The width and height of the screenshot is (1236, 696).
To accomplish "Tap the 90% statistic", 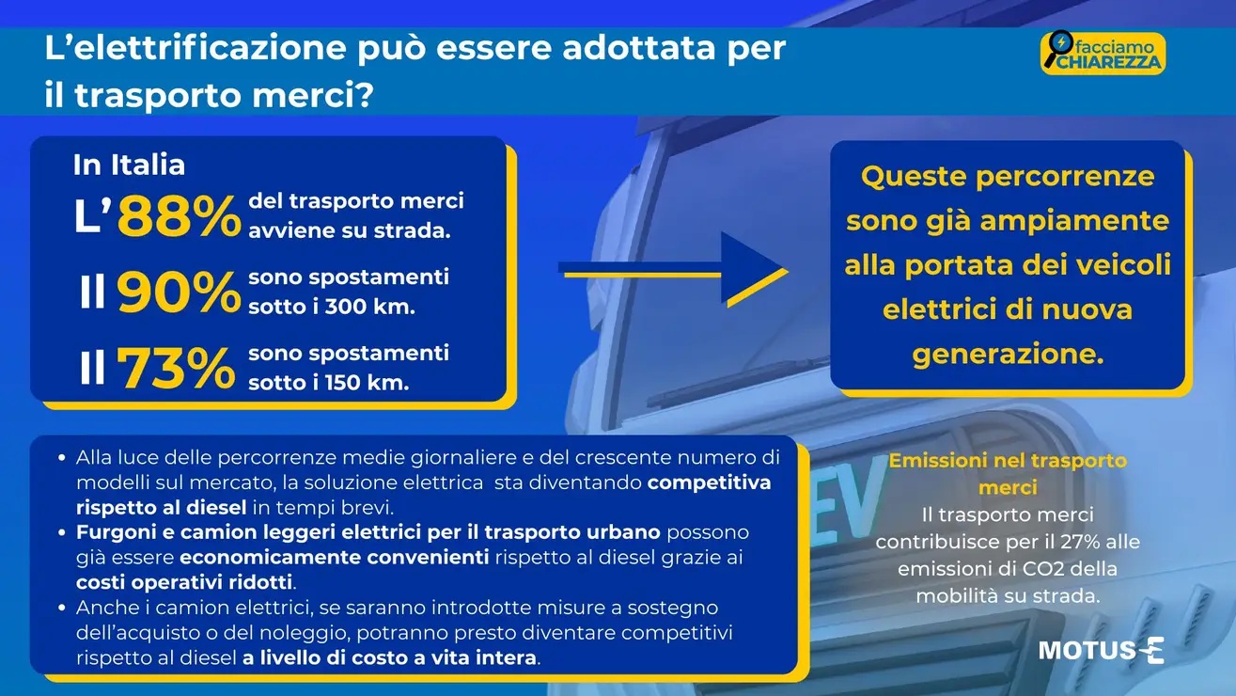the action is coord(179,293).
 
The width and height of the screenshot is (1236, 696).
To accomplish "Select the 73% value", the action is coord(176,368).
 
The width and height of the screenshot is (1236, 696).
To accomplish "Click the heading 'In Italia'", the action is coord(129,165).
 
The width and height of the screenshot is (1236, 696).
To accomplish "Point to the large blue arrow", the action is coord(673,269).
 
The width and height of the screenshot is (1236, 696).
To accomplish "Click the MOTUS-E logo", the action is coord(1102,650).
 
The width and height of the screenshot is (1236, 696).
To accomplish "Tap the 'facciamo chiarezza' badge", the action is coord(1103,53).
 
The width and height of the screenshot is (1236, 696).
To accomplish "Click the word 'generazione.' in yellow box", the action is coord(1008,354).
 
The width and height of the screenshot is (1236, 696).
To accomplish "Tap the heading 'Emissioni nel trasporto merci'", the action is coord(1008,474).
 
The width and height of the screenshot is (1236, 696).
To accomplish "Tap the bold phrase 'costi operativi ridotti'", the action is coord(184,582).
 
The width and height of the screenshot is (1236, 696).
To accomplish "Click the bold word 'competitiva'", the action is coord(709,482).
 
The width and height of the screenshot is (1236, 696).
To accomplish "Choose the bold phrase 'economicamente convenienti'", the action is coord(335,558).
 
